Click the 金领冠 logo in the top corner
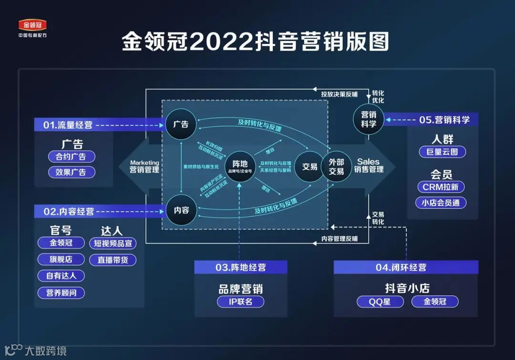point(32,25)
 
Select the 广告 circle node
point(181,124)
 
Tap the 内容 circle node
point(181,210)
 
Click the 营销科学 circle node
point(369,119)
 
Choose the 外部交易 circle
point(336,166)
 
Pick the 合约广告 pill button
point(72,156)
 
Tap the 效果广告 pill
point(72,172)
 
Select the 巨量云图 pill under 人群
point(442,152)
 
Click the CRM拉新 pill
point(441,187)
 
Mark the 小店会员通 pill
point(441,203)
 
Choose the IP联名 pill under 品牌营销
point(240,301)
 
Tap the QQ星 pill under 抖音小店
point(380,301)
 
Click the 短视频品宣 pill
point(113,243)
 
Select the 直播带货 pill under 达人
point(113,260)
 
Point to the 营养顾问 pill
point(61,292)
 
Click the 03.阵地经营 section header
point(240,267)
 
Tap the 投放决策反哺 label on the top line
point(339,94)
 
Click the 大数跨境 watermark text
point(45,351)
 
